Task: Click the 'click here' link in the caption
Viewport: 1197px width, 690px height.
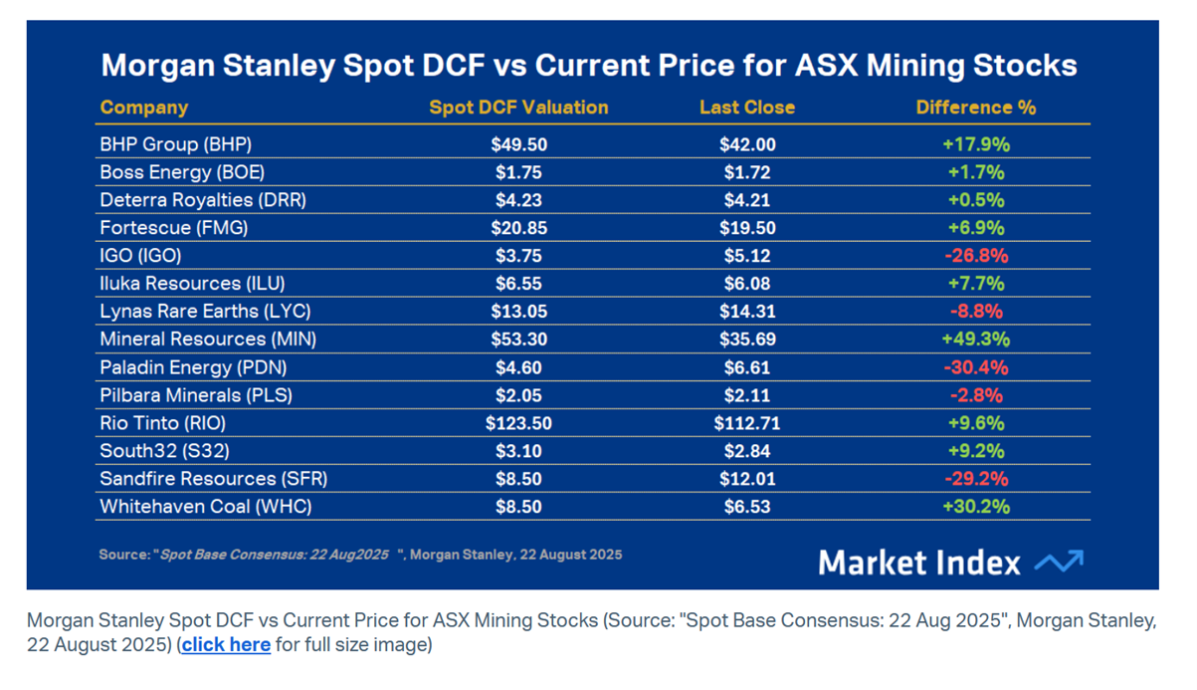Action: click(x=226, y=644)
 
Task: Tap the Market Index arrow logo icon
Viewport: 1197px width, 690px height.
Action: click(x=1059, y=562)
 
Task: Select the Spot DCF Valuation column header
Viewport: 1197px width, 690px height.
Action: click(x=518, y=108)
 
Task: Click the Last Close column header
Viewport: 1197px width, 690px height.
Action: click(x=747, y=108)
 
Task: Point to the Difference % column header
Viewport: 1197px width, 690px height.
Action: click(x=976, y=108)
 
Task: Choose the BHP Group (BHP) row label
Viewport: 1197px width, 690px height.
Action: click(x=176, y=144)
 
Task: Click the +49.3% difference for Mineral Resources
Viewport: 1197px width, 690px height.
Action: click(x=976, y=340)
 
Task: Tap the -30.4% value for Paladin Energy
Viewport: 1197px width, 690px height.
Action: click(x=976, y=367)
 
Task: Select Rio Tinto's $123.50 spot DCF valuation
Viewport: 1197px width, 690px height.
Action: click(x=518, y=423)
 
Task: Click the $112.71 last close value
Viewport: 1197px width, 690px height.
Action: click(x=747, y=423)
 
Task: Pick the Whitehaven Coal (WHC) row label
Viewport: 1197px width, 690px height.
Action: click(x=206, y=507)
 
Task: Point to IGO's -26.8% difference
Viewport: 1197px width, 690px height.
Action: click(x=976, y=256)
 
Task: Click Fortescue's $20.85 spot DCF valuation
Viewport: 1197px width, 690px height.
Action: click(x=518, y=228)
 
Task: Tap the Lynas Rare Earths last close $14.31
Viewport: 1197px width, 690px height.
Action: click(x=747, y=312)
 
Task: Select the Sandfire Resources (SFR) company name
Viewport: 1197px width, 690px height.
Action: click(x=214, y=479)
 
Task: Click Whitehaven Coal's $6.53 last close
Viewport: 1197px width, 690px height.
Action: click(x=747, y=507)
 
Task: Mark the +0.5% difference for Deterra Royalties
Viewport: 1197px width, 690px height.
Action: click(x=976, y=200)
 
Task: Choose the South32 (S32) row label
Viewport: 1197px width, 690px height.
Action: click(x=164, y=451)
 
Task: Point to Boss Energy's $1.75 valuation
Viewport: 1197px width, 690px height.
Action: click(x=518, y=172)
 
